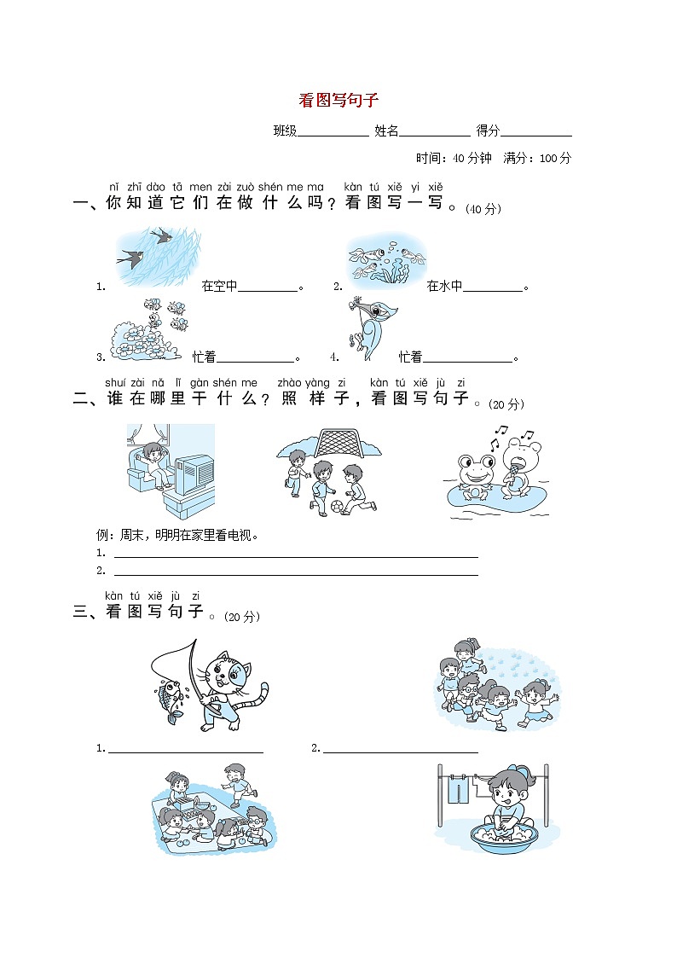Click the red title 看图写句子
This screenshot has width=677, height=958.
pos(338,101)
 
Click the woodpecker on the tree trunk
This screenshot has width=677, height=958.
pos(368,328)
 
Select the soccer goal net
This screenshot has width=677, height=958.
pos(348,442)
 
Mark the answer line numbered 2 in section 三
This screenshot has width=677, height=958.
pos(400,750)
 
